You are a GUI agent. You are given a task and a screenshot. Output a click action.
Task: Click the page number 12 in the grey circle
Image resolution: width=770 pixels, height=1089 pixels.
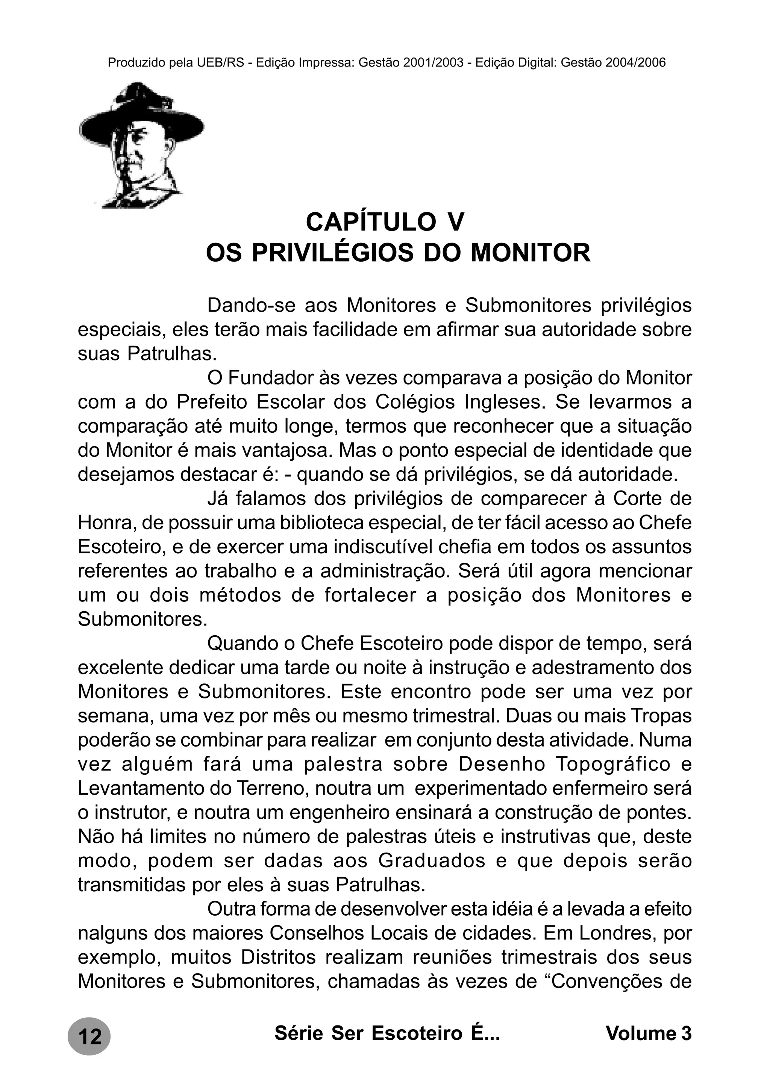(x=89, y=1037)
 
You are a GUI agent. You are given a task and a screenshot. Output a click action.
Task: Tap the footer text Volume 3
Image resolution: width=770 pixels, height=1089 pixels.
(x=649, y=1033)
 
